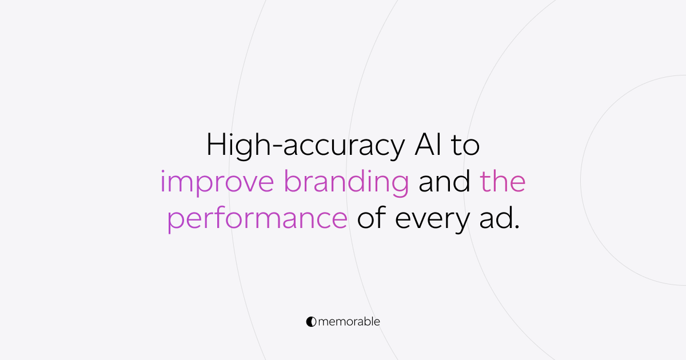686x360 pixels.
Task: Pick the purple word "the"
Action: tap(502, 182)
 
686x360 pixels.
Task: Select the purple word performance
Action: tap(257, 220)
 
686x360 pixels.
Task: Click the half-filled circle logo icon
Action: tap(311, 322)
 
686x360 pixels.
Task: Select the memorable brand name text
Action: tap(348, 322)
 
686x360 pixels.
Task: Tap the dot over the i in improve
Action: tap(163, 173)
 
